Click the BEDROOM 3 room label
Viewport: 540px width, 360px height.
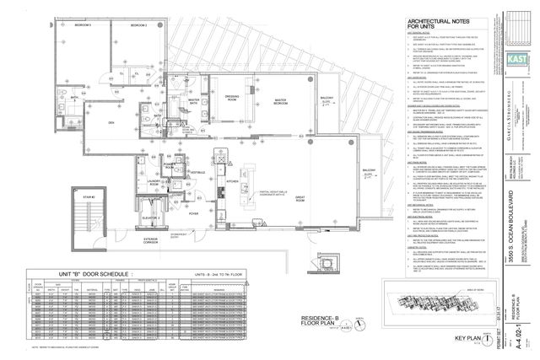[82, 26]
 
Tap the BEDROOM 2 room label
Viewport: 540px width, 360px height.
[138, 26]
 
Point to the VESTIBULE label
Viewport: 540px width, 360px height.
[198, 172]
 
